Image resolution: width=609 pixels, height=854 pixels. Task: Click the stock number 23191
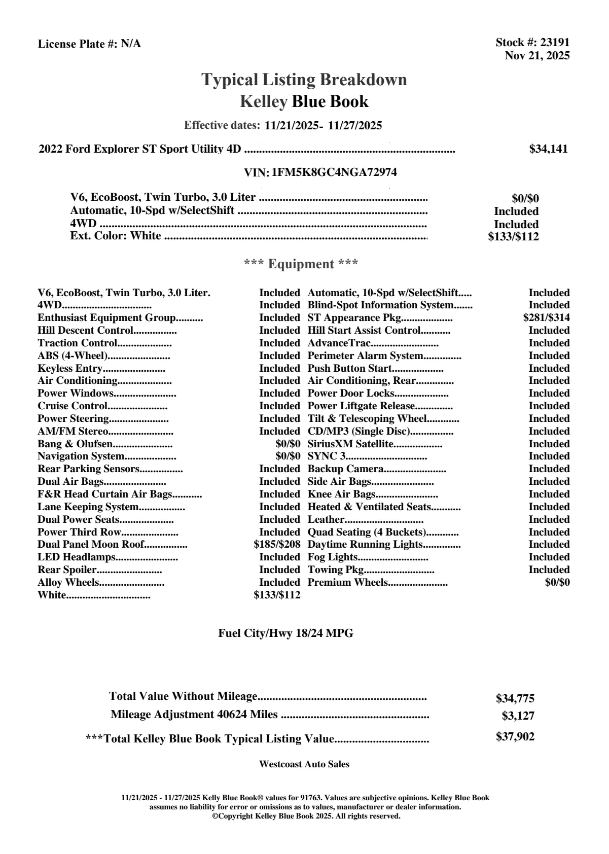[x=555, y=43]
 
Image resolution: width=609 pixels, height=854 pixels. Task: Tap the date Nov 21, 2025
[x=537, y=56]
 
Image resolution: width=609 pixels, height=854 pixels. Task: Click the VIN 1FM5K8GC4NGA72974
[x=334, y=172]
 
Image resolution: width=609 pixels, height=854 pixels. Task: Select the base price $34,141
[x=548, y=149]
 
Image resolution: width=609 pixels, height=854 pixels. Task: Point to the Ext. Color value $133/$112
[x=513, y=236]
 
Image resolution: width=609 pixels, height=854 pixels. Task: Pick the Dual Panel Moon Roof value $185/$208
[x=277, y=545]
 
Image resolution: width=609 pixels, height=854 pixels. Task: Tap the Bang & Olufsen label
[x=75, y=444]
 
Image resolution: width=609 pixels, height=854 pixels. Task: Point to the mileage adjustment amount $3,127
[x=518, y=717]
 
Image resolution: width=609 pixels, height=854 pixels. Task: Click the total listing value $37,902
[x=515, y=737]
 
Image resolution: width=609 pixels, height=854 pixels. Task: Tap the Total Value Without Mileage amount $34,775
[x=515, y=699]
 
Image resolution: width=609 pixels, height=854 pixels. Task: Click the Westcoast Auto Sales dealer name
[x=304, y=764]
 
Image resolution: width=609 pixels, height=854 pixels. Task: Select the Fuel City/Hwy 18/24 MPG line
[x=285, y=633]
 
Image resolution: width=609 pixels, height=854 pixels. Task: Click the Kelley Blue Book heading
[x=304, y=101]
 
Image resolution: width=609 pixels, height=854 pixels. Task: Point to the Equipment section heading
[x=301, y=264]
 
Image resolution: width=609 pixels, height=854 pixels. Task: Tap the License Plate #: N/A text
[x=89, y=44]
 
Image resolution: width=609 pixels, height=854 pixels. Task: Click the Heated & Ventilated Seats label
[x=369, y=507]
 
